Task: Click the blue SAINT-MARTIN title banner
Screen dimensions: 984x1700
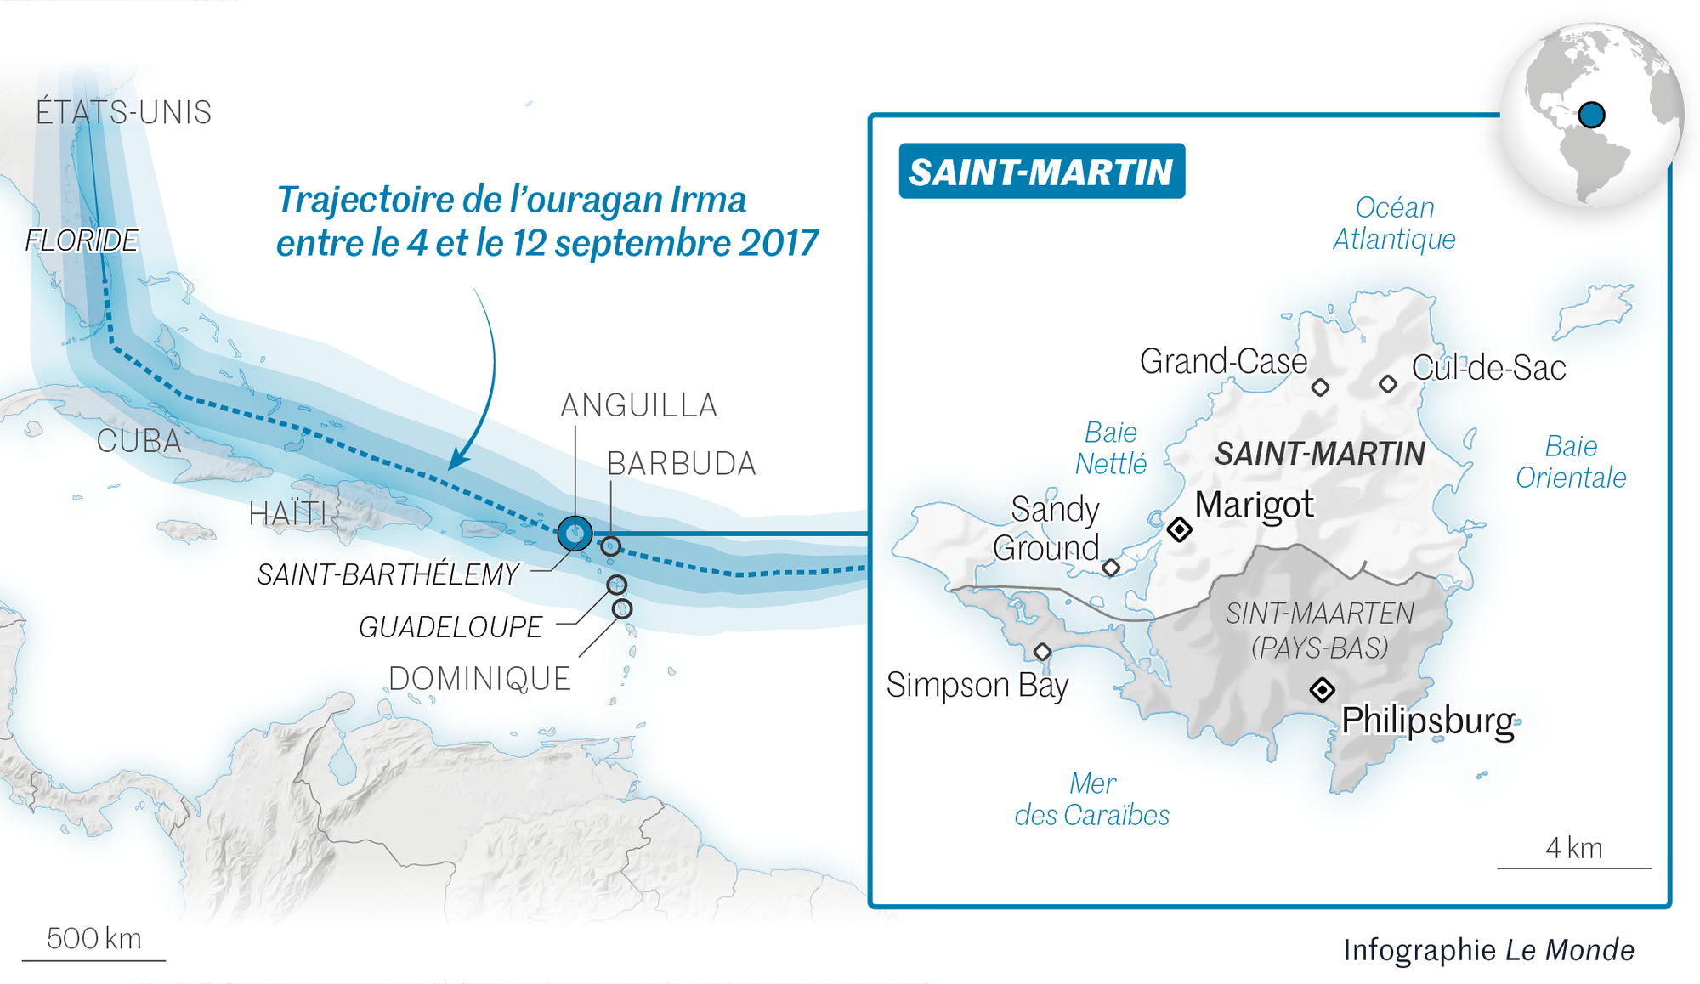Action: pyautogui.click(x=1041, y=172)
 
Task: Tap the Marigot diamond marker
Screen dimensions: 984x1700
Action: pyautogui.click(x=1179, y=529)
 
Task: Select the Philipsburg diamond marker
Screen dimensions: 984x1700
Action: pyautogui.click(x=1322, y=689)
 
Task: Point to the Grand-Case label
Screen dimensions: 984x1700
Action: pyautogui.click(x=1223, y=362)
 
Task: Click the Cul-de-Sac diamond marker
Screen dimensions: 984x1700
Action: pyautogui.click(x=1388, y=384)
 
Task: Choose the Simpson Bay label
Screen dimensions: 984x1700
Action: pyautogui.click(x=977, y=685)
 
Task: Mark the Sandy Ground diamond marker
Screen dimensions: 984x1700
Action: pyautogui.click(x=1111, y=567)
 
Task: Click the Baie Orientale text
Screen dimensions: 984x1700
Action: pyautogui.click(x=1571, y=461)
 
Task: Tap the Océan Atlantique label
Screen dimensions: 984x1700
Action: pyautogui.click(x=1394, y=223)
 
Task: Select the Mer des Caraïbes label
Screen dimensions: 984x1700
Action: pyautogui.click(x=1092, y=799)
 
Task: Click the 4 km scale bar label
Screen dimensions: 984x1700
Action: pyautogui.click(x=1573, y=848)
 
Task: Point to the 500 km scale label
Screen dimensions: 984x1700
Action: pyautogui.click(x=93, y=938)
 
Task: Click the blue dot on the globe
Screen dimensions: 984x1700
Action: pyautogui.click(x=1591, y=114)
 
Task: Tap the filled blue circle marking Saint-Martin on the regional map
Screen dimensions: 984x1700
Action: pyautogui.click(x=575, y=534)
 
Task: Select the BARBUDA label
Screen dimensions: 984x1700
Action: pyautogui.click(x=681, y=464)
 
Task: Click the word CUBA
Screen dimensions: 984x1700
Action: pyautogui.click(x=139, y=441)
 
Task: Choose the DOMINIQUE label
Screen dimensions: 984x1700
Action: pyautogui.click(x=479, y=679)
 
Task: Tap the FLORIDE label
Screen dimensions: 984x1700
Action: pyautogui.click(x=82, y=240)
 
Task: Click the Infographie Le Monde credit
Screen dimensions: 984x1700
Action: pyautogui.click(x=1488, y=949)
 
